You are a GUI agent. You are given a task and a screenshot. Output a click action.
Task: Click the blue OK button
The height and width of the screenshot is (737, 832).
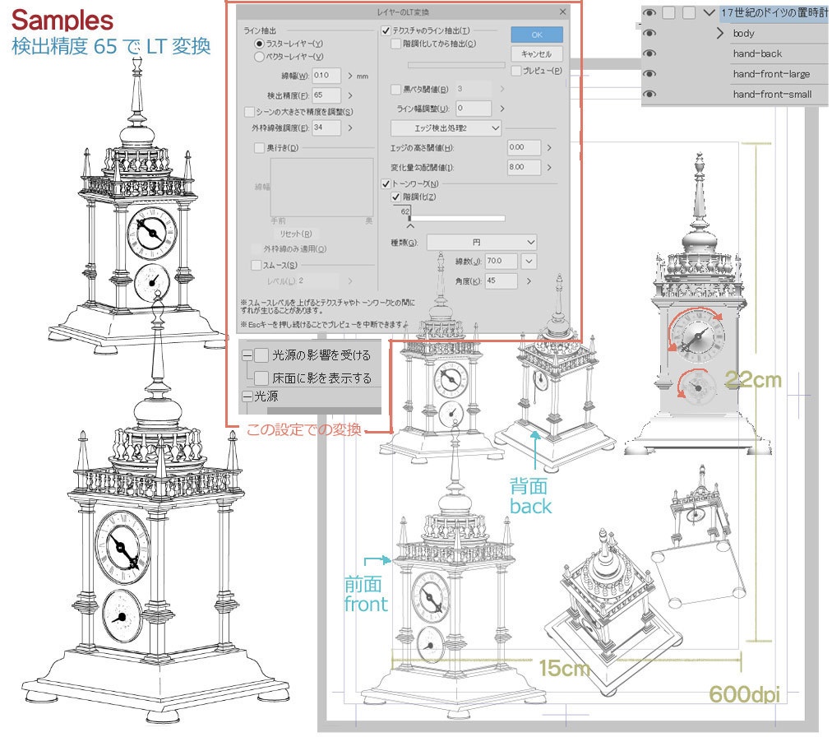pos(537,35)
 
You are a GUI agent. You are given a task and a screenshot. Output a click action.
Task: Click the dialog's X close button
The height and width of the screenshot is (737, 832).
pos(562,12)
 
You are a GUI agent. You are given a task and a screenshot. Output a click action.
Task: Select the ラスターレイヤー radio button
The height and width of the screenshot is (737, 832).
pos(260,44)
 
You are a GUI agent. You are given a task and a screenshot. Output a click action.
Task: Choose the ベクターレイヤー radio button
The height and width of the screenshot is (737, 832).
pos(260,58)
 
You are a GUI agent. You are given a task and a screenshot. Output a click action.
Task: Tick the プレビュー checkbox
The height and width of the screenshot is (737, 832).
pos(516,72)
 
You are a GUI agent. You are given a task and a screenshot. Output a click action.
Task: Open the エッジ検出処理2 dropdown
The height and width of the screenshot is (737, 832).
pos(446,128)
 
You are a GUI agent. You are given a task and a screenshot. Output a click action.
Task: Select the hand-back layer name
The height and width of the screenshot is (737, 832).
pos(757,54)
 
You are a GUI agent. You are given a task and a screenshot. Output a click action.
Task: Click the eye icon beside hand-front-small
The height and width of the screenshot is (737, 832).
pos(649,95)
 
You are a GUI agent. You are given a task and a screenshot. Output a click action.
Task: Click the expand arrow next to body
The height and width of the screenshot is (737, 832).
pos(720,34)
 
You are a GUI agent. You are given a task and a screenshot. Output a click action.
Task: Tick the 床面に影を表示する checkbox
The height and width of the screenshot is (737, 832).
pos(261,378)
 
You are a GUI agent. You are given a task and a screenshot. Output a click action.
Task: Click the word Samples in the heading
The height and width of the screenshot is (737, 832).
pos(62,19)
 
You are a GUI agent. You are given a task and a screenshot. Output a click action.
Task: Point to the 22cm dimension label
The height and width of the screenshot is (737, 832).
pos(753,379)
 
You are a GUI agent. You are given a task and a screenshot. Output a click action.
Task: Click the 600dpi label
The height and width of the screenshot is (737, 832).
pos(743,695)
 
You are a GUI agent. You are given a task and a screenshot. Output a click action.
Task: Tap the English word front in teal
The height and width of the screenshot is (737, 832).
pos(366,604)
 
